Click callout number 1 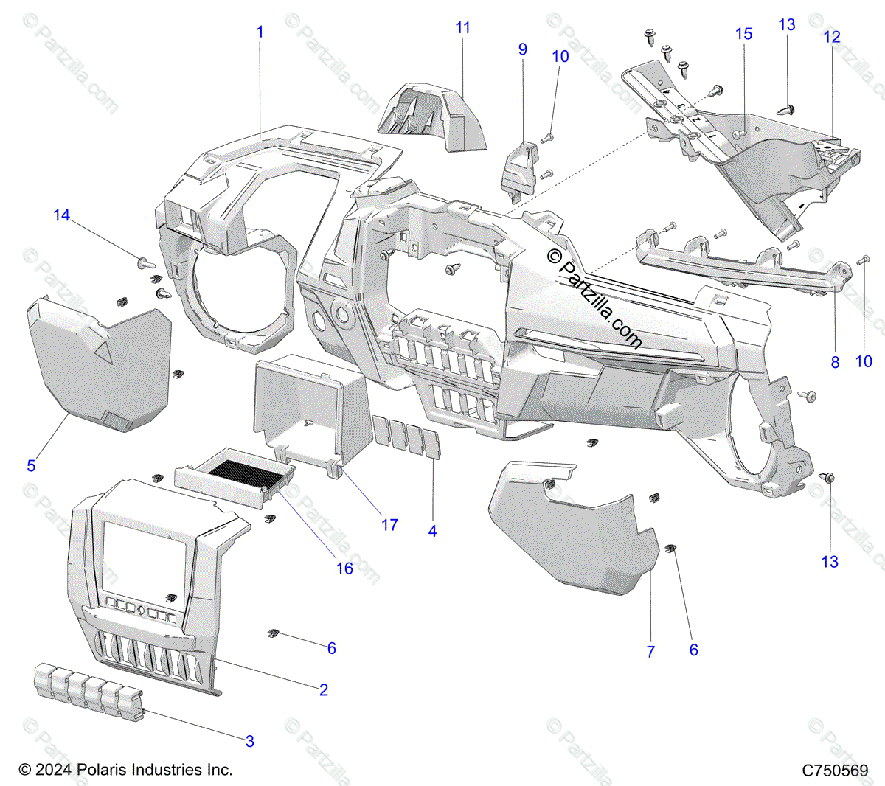point(260,32)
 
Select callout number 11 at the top point(462,28)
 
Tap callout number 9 point(523,49)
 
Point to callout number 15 point(743,34)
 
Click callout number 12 point(832,37)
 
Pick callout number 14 point(61,215)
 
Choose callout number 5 point(31,466)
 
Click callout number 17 point(389,525)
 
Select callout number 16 point(344,568)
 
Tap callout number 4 point(433,531)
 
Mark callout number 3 point(250,742)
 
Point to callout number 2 point(324,690)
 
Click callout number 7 point(650,652)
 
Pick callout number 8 point(835,362)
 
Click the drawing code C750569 point(836,771)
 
